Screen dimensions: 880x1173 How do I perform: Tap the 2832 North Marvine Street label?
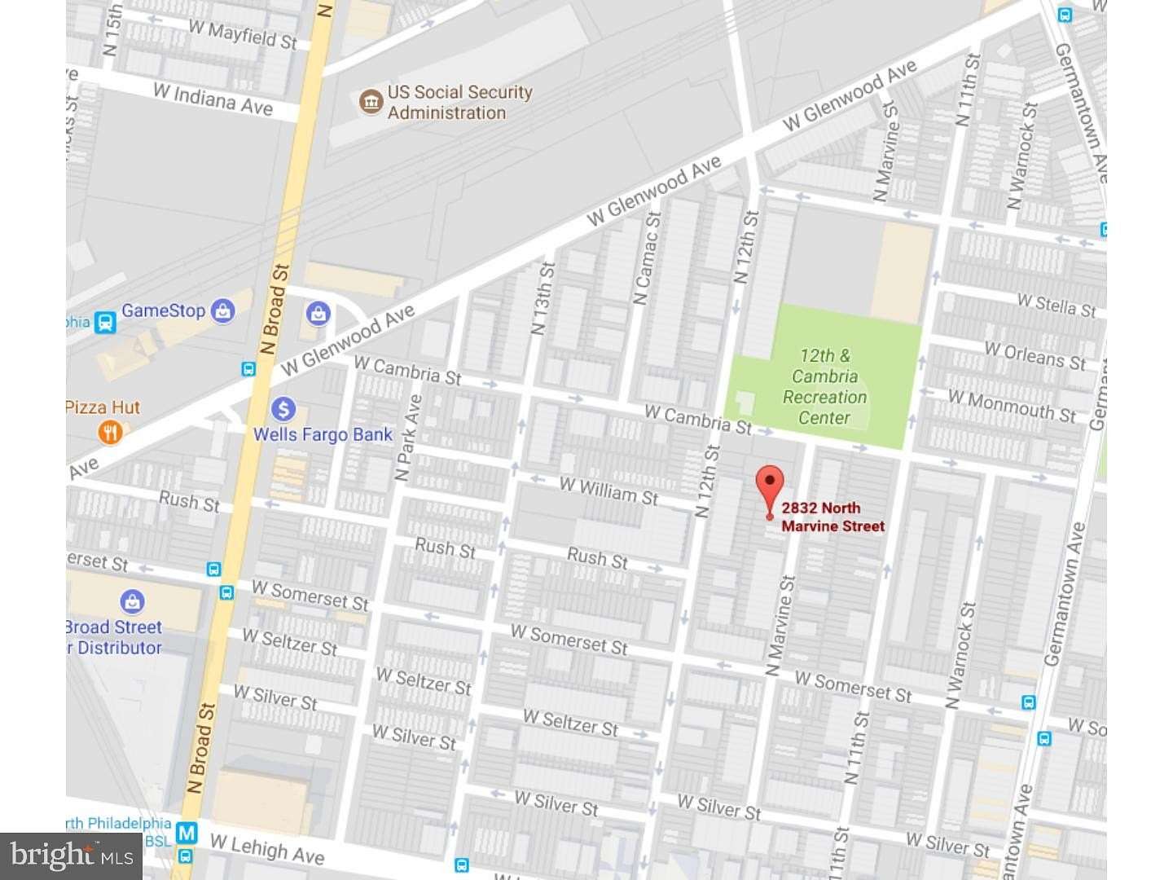click(832, 517)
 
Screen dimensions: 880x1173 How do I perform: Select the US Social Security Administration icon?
click(371, 103)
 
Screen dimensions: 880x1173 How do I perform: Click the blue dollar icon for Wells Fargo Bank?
click(283, 409)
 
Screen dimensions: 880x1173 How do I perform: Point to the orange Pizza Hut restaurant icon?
click(110, 432)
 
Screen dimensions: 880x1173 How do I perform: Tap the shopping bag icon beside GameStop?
click(222, 310)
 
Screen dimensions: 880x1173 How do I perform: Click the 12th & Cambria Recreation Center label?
click(824, 387)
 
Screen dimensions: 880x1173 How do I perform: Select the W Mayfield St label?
click(243, 35)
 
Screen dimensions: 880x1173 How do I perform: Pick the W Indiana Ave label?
click(213, 99)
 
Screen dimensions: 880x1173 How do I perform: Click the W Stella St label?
click(1057, 305)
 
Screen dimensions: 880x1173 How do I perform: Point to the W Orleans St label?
click(1035, 355)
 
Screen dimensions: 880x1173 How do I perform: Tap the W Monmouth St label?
click(1012, 405)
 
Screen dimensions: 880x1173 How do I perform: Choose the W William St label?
click(608, 491)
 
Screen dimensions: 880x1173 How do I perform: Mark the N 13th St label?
click(543, 298)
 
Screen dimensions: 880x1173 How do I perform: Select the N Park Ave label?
click(408, 438)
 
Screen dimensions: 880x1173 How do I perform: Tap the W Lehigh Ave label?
click(267, 849)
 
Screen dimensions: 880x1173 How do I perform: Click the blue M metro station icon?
click(187, 833)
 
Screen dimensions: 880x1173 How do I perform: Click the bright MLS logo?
click(72, 856)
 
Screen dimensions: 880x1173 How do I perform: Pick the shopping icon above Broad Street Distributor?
click(132, 602)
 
